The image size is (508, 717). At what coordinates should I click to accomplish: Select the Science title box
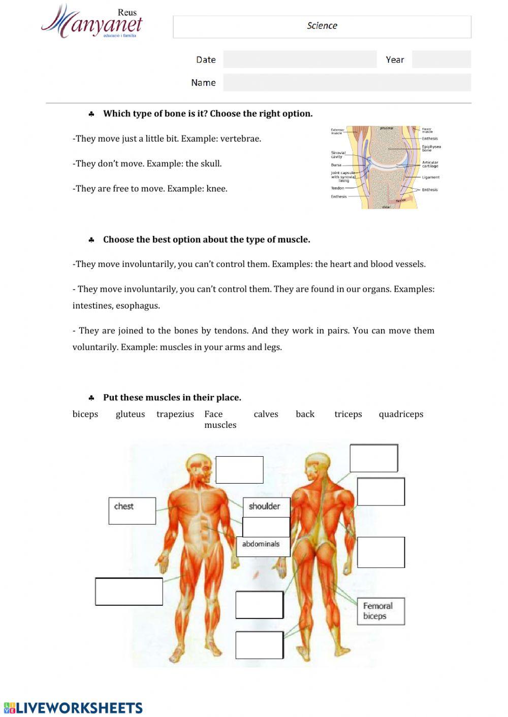(322, 26)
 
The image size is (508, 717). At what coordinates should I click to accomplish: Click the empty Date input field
(300, 59)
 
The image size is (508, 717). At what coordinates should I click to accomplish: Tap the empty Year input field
(441, 59)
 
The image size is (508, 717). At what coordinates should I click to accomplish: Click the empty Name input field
(347, 83)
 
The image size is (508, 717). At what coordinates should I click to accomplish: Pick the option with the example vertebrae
(167, 139)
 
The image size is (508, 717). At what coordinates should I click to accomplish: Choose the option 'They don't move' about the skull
(147, 163)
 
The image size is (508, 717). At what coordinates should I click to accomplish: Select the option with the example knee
(150, 189)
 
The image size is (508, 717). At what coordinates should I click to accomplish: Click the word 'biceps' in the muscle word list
(85, 414)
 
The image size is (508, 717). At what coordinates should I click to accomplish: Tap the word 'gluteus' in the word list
(130, 414)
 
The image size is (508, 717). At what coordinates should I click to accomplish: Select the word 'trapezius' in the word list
(175, 414)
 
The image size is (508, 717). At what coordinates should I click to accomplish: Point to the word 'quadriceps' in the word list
(401, 414)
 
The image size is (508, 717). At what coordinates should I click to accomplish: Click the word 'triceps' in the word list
(348, 414)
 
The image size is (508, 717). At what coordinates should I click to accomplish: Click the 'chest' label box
(132, 510)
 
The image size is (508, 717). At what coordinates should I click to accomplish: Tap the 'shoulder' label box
(266, 506)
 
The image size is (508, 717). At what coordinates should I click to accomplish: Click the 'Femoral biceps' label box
(381, 611)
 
